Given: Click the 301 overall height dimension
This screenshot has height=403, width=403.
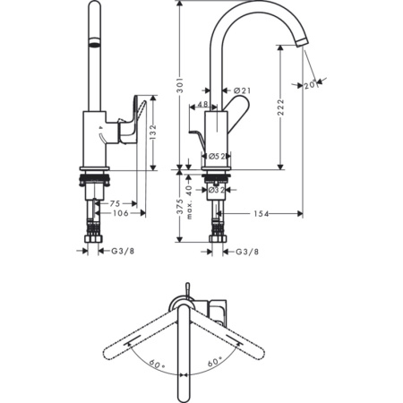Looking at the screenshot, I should pos(180,86).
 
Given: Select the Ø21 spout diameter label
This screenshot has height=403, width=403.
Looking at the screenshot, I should pos(241,90).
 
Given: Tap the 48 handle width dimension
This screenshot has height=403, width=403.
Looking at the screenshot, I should pos(201,105).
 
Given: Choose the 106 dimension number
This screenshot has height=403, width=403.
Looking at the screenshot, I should pos(121,213).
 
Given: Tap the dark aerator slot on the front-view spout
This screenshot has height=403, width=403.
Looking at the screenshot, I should pos(92,40).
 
